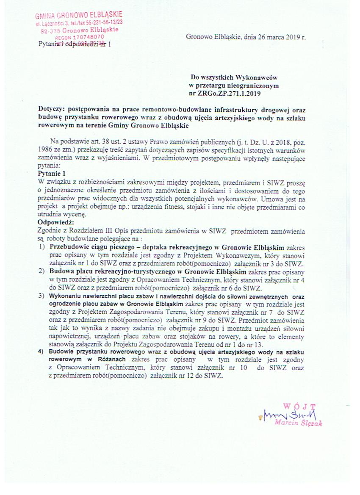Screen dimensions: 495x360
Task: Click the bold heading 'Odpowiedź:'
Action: click(56, 222)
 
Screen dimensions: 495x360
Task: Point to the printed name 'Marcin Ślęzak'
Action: click(298, 422)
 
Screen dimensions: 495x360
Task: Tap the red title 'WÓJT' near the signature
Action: click(299, 405)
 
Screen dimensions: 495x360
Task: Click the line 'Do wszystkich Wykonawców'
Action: click(234, 77)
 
